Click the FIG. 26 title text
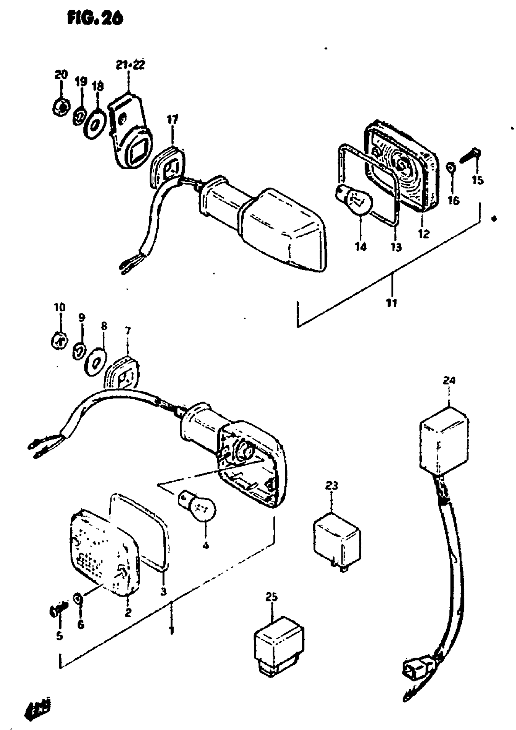tap(95, 19)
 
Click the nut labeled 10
tap(59, 341)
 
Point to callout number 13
tap(396, 247)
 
